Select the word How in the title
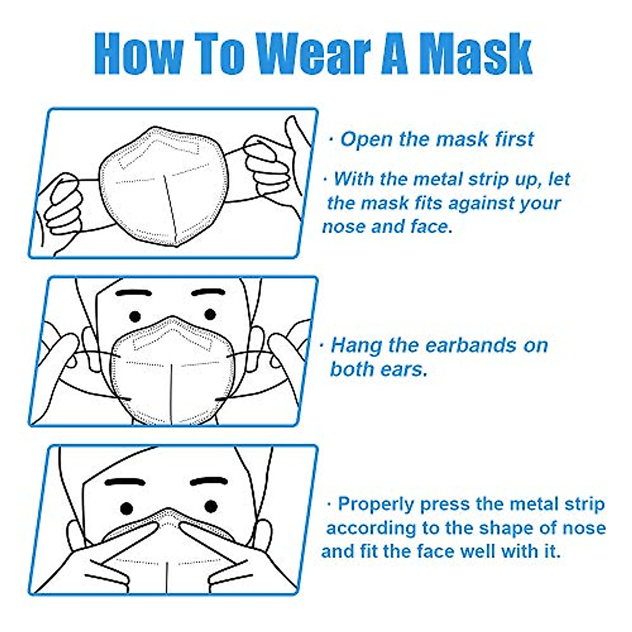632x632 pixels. [x=139, y=54]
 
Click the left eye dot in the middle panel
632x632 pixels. [x=135, y=316]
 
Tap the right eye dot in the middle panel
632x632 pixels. [x=210, y=314]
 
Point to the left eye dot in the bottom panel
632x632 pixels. [x=127, y=508]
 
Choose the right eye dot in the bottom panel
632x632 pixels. [x=211, y=507]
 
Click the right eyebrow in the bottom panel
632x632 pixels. [x=209, y=482]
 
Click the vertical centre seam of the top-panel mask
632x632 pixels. [x=170, y=208]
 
